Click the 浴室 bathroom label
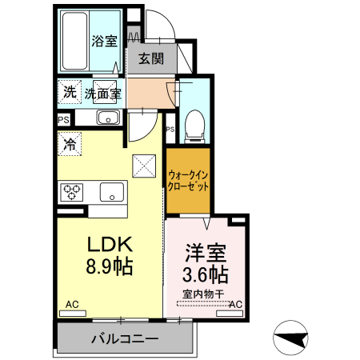[103, 40]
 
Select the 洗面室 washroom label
[103, 93]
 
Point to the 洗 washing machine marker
[69, 92]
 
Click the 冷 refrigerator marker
[70, 146]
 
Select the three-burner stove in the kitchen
[71, 192]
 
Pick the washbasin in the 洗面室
[107, 118]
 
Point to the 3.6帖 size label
[205, 275]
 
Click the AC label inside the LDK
[72, 304]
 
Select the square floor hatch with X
[145, 166]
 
